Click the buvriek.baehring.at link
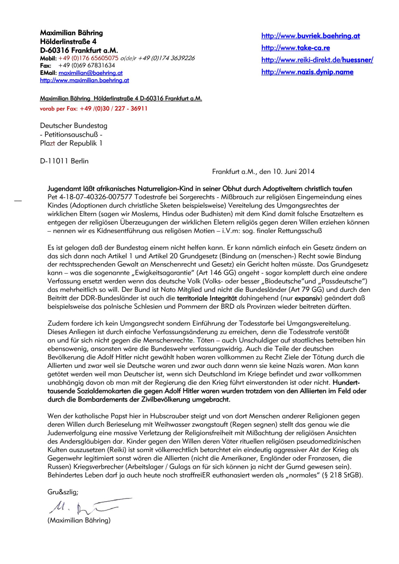[310, 36]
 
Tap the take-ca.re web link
[296, 48]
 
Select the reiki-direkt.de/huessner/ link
[317, 60]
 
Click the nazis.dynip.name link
[307, 72]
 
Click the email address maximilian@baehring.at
[90, 73]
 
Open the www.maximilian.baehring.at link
[84, 80]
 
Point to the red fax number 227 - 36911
[131, 109]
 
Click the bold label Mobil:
[48, 58]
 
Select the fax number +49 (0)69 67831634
[87, 65]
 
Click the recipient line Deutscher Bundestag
[74, 126]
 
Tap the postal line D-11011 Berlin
[64, 161]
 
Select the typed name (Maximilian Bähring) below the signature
[79, 520]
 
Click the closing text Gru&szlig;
[63, 492]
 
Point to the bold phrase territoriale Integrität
[207, 298]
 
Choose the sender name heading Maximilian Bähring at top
[71, 33]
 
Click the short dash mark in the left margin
[18, 201]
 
